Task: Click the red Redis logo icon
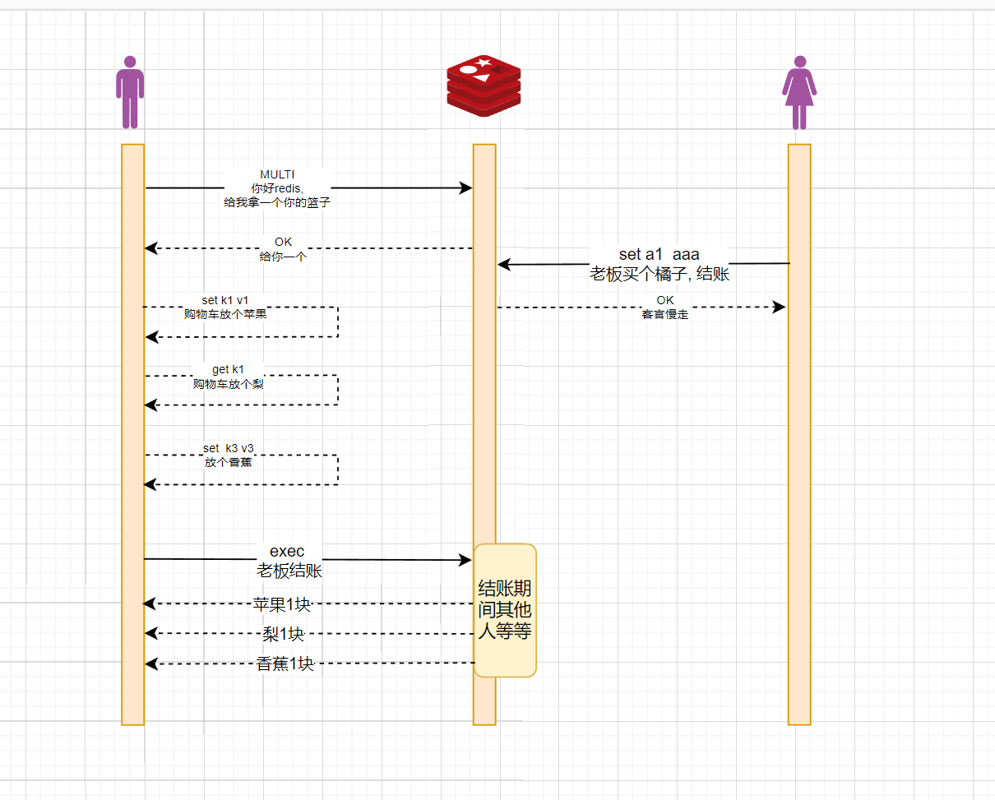tap(484, 86)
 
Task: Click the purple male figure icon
tap(130, 92)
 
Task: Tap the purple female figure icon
tap(798, 92)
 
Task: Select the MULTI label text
tap(277, 174)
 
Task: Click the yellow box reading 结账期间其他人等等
tap(505, 610)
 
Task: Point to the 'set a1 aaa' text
tap(659, 255)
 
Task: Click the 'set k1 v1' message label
tap(224, 300)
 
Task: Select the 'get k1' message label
tap(228, 369)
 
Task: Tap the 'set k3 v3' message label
tap(228, 448)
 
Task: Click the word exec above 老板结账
tap(287, 551)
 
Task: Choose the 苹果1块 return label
tap(282, 604)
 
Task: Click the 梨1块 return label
tap(283, 634)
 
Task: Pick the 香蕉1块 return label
tap(285, 664)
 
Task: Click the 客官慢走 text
tap(664, 314)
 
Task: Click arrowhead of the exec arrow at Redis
tap(465, 561)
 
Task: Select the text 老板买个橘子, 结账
tap(659, 275)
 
